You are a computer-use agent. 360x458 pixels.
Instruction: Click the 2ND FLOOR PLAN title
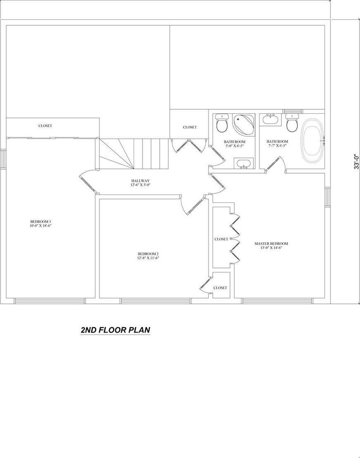(x=115, y=330)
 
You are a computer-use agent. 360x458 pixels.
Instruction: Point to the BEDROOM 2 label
(x=148, y=256)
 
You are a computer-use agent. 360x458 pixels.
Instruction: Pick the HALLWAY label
(x=140, y=183)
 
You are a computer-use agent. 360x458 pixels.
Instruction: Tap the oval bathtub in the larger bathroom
(x=313, y=140)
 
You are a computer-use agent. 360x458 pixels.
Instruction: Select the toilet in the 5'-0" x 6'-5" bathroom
(x=222, y=123)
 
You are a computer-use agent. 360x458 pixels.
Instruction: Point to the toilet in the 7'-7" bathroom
(x=293, y=123)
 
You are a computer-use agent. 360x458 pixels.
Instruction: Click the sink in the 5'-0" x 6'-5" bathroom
(x=244, y=164)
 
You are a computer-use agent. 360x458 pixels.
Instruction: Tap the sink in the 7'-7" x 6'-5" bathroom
(x=271, y=120)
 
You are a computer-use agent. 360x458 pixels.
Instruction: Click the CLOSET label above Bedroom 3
(x=45, y=126)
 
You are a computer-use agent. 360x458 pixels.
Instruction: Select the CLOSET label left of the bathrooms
(x=190, y=127)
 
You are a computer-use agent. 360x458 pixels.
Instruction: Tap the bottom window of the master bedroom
(x=276, y=301)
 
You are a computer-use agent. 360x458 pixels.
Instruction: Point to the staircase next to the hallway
(x=132, y=154)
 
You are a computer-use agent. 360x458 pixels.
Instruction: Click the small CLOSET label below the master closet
(x=220, y=288)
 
